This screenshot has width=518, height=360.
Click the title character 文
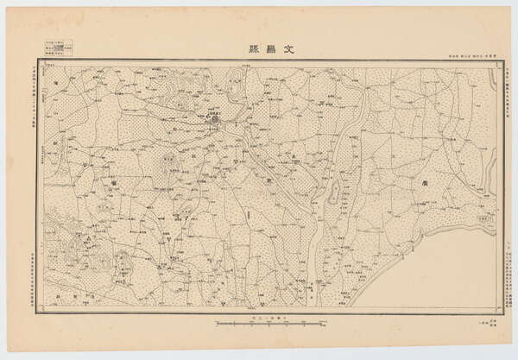pos(288,48)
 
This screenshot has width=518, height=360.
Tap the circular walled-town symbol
pos(214,121)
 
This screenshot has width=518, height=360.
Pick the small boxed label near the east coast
pos(485,221)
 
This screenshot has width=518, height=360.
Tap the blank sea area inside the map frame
pos(449,276)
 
